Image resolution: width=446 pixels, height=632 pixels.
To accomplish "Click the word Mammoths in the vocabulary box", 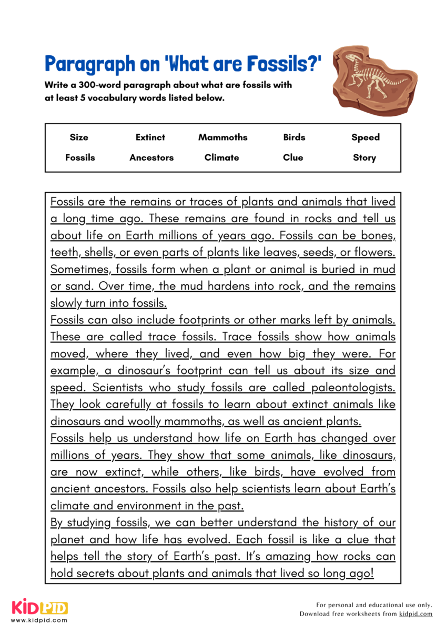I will click(222, 137).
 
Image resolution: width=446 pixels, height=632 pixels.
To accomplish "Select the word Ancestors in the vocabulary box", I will click(151, 157).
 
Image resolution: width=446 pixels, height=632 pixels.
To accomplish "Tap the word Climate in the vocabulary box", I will click(222, 157).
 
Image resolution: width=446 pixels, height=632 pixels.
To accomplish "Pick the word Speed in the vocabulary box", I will click(365, 137).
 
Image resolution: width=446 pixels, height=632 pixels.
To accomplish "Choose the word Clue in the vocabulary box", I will click(293, 157).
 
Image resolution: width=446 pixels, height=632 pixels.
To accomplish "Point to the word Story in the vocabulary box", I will click(364, 157).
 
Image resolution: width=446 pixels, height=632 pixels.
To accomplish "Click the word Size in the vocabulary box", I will click(79, 137).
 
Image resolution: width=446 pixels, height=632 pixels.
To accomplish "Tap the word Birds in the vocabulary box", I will click(294, 137).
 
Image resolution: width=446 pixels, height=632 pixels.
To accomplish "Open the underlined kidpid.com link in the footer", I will click(415, 614).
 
